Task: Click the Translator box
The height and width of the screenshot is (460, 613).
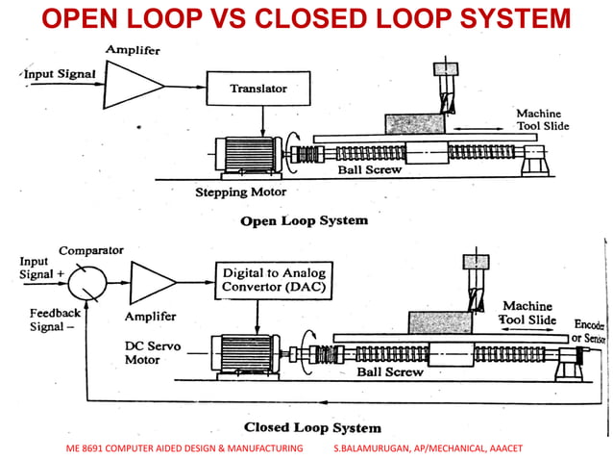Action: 258,89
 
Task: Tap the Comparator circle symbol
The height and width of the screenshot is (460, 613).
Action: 86,283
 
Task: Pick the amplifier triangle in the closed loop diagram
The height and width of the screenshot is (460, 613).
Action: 152,283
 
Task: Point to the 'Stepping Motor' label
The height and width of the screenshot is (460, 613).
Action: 236,192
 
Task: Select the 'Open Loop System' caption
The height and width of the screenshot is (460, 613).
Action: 304,220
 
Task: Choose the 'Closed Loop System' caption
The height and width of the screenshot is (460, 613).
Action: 311,427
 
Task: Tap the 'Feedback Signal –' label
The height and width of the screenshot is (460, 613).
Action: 55,320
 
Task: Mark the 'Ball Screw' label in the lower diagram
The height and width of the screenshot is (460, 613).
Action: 390,371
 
